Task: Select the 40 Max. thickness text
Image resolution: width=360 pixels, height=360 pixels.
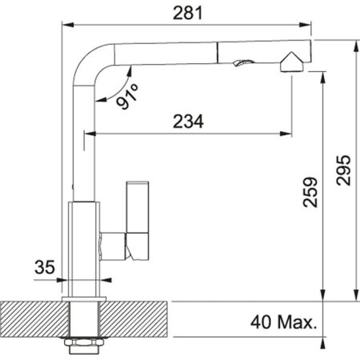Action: [282, 324]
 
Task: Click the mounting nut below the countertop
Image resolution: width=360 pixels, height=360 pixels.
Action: [85, 346]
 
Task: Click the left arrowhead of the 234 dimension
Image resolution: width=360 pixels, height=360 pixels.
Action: [90, 133]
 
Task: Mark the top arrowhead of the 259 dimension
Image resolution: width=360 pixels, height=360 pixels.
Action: [323, 74]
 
